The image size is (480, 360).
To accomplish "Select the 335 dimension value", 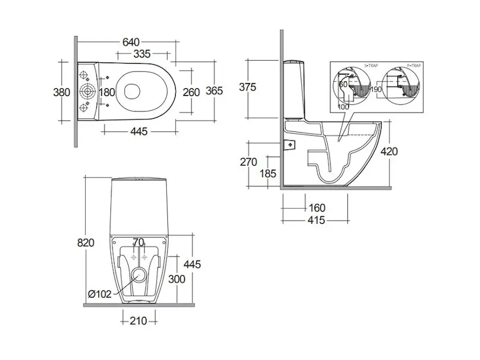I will (x=142, y=54).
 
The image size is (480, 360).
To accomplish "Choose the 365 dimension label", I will (x=214, y=91).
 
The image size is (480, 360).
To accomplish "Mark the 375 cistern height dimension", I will (x=247, y=87).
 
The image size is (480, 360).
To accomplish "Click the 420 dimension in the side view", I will (x=388, y=151).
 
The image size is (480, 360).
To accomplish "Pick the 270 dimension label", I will (x=248, y=162).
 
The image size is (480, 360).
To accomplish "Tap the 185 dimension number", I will (x=268, y=174).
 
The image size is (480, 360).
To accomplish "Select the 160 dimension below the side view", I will (x=316, y=208).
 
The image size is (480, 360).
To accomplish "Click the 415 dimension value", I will (x=316, y=220).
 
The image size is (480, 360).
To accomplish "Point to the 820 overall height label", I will (x=86, y=242).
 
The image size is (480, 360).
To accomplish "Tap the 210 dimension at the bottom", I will (x=139, y=321).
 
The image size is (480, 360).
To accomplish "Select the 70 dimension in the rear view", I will (x=139, y=243).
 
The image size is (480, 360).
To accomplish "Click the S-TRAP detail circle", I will (x=352, y=86).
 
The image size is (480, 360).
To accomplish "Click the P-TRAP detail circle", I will (x=401, y=86).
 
